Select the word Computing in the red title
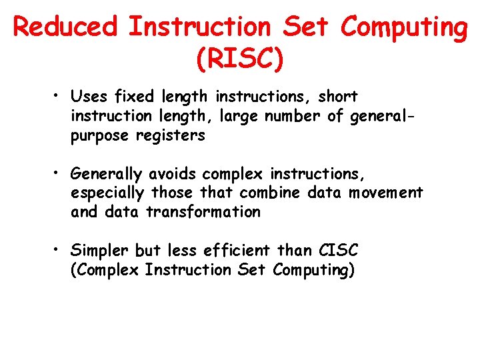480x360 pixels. (x=404, y=27)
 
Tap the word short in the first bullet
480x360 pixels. (x=338, y=97)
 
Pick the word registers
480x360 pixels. (x=171, y=136)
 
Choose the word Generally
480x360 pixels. (x=107, y=175)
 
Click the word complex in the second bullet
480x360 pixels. (x=234, y=175)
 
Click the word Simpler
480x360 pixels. (x=100, y=251)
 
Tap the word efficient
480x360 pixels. (x=238, y=251)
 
